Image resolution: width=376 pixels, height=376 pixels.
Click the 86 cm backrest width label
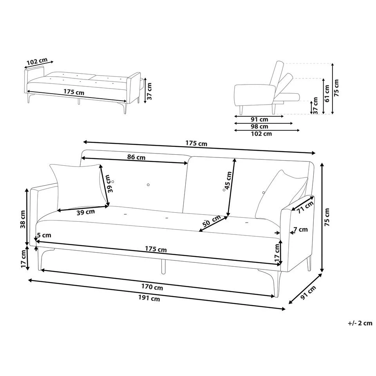tap(136, 157)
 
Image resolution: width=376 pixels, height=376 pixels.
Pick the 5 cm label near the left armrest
tap(44, 235)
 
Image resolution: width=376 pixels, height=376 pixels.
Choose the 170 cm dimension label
tap(153, 287)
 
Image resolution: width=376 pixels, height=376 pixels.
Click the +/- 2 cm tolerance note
tap(360, 323)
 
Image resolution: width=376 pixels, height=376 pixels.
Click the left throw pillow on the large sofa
tap(78, 184)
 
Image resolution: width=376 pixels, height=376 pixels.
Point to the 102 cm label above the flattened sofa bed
tap(37, 62)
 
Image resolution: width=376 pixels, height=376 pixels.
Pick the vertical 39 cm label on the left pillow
tap(111, 183)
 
